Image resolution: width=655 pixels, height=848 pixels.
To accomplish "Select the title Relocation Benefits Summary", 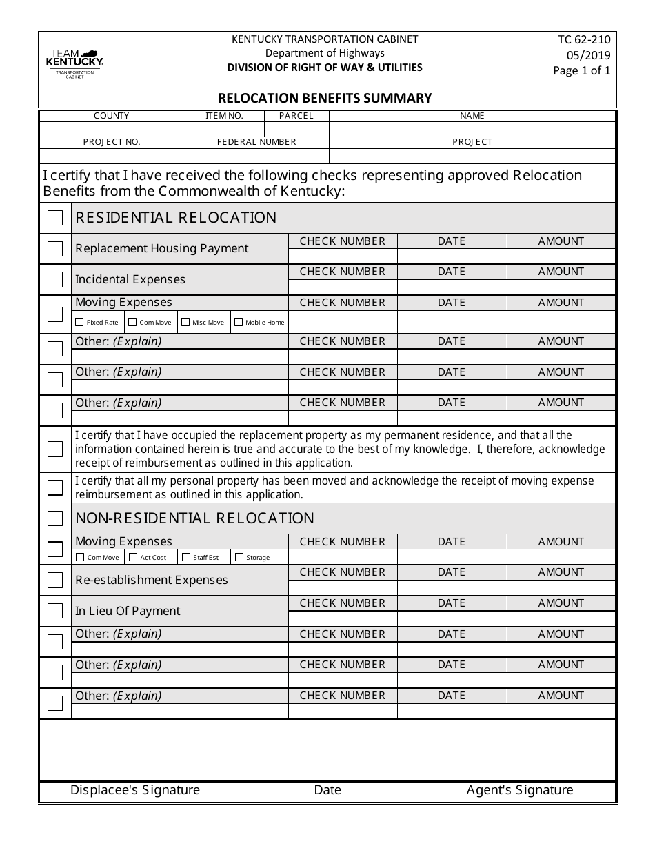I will (325, 98).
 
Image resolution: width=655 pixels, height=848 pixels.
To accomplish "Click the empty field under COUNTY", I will (112, 129).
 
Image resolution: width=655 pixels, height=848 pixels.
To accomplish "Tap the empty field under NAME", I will (472, 129).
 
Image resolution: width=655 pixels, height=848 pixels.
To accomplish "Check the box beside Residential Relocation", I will (55, 218).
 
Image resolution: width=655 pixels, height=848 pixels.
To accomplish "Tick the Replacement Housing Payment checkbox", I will (55, 249).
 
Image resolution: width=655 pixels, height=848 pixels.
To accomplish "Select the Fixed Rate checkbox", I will (79, 322).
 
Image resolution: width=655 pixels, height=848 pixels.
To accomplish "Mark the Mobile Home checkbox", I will (239, 322).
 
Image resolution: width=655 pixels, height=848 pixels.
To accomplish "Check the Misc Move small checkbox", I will (185, 322).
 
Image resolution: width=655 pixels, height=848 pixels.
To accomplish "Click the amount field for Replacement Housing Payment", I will (561, 256).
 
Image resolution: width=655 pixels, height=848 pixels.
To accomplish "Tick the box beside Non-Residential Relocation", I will (55, 518).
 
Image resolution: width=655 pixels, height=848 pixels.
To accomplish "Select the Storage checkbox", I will (239, 557).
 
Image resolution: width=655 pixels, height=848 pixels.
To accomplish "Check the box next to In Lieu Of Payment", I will (55, 611).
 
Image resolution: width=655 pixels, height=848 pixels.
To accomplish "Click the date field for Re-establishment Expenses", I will (452, 587).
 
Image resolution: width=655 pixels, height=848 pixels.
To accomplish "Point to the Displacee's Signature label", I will (135, 790).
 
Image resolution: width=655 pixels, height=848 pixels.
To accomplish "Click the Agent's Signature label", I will (519, 790).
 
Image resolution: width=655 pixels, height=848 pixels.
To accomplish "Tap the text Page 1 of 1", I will (582, 70).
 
